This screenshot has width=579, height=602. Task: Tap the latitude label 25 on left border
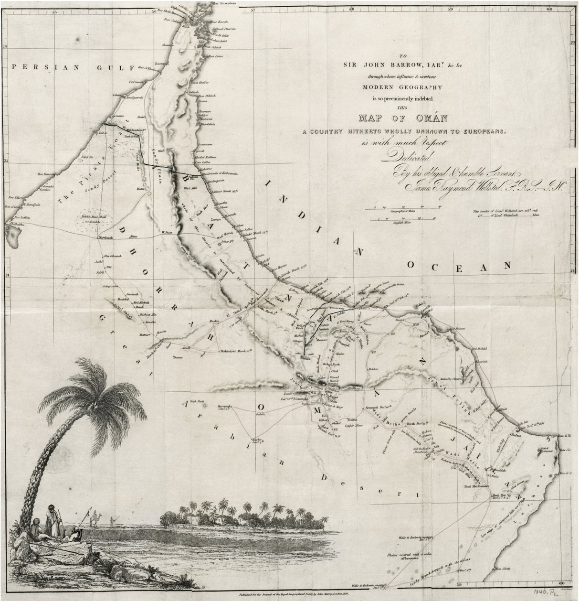coord(6,161)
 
